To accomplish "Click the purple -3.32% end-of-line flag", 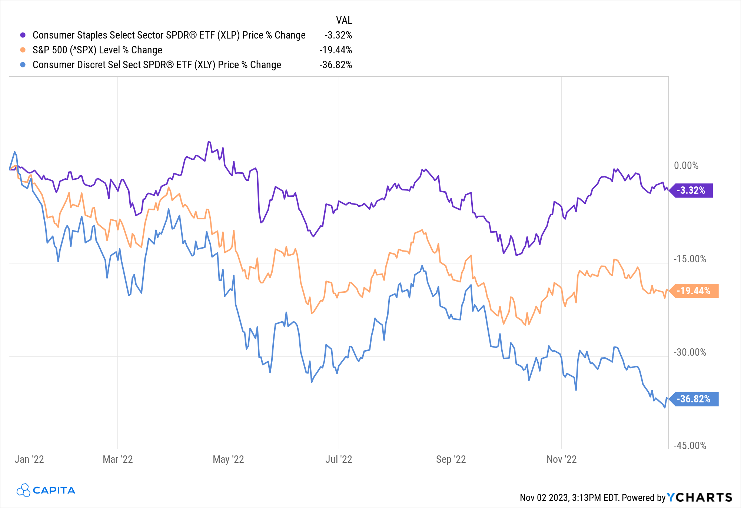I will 691,190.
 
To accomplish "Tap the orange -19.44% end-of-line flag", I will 694,291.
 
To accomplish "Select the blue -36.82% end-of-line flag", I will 694,399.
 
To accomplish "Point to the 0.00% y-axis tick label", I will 686,166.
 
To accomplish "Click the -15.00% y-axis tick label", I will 690,259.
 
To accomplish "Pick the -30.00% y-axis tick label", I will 690,352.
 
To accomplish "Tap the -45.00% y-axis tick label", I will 690,445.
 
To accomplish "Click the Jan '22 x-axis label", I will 29,459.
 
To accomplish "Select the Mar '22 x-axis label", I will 117,459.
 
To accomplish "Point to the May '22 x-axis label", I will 228,459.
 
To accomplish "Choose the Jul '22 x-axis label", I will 339,459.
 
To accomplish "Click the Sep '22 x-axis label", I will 451,459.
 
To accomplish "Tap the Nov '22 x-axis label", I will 562,459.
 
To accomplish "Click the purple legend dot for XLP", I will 23,35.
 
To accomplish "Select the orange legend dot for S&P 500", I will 23,50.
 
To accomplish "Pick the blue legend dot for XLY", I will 23,65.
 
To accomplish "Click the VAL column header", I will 344,20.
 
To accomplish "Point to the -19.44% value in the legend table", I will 336,50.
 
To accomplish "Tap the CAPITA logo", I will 46,490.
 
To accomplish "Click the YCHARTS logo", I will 700,497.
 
